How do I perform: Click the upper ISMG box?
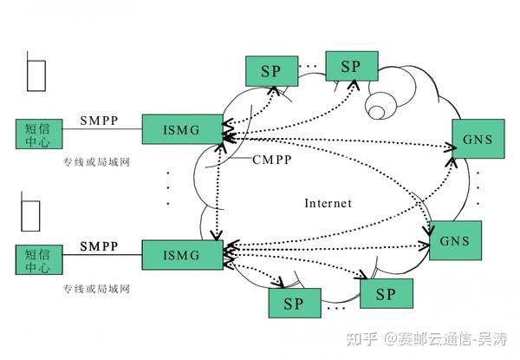pyautogui.click(x=181, y=130)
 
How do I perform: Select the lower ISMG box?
pyautogui.click(x=181, y=255)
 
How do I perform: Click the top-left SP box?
pyautogui.click(x=270, y=71)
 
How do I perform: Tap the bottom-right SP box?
pyautogui.click(x=386, y=294)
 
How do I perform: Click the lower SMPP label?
pyautogui.click(x=100, y=246)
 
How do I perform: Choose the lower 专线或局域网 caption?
pyautogui.click(x=95, y=288)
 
